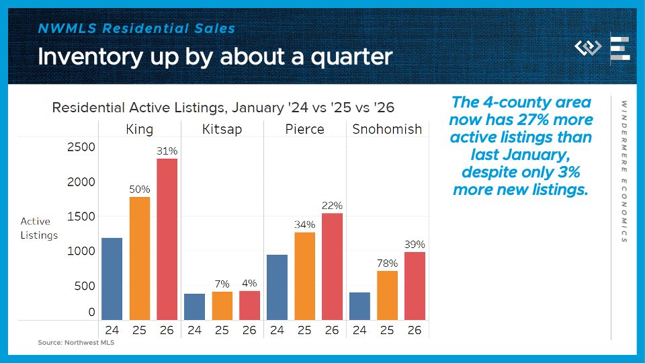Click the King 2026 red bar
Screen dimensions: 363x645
(x=167, y=239)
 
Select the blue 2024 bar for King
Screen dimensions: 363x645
(x=112, y=279)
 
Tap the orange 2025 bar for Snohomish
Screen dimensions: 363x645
(x=387, y=295)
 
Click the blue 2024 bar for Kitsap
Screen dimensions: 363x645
(x=194, y=307)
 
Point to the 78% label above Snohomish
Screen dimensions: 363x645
(x=387, y=264)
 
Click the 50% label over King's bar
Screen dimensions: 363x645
(x=140, y=190)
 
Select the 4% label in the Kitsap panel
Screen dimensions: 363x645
(x=249, y=284)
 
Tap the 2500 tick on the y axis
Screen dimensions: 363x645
(x=81, y=147)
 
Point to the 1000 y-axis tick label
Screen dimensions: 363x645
(x=81, y=251)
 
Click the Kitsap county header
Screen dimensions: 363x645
(x=222, y=129)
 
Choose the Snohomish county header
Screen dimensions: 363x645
(x=387, y=129)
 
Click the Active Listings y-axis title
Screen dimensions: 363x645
(x=39, y=229)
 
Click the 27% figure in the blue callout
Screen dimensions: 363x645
(x=527, y=120)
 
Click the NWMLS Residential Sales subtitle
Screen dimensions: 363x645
(x=136, y=29)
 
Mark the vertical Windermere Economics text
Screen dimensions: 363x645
(x=624, y=171)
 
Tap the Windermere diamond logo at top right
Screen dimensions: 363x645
(x=589, y=48)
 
